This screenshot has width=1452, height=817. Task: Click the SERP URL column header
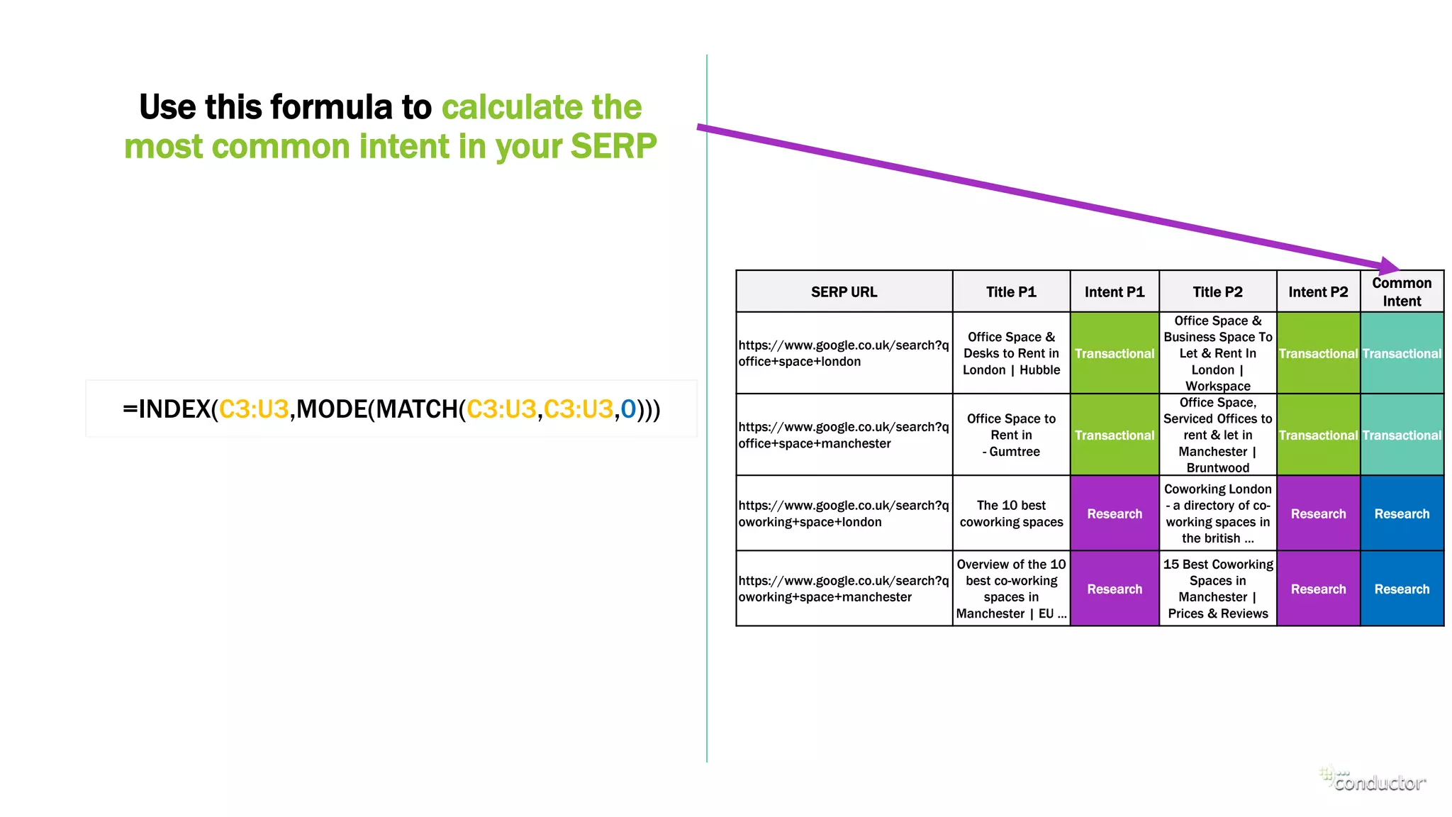tap(844, 291)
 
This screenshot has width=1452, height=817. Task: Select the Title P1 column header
tap(1011, 291)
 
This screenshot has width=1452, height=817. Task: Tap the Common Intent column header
tap(1402, 291)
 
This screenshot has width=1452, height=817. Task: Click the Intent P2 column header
tap(1318, 291)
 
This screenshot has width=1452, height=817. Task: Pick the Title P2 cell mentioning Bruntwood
tap(1217, 435)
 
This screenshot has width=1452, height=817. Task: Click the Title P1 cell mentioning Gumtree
tap(1011, 435)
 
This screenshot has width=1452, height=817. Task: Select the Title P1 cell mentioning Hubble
tap(1011, 353)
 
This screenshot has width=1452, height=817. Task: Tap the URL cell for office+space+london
tap(843, 353)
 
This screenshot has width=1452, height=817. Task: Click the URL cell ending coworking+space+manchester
tap(843, 589)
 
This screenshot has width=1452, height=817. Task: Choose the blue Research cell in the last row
tap(1402, 589)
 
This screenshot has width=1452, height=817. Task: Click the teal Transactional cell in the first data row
tap(1402, 353)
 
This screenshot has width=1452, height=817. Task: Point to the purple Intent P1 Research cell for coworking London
tap(1115, 513)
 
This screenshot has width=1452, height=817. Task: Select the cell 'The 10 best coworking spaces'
tap(1011, 513)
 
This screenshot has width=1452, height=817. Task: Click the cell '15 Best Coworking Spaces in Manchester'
tap(1217, 589)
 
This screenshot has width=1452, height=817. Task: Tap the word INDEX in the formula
tap(174, 409)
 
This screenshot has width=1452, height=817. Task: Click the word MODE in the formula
tap(331, 409)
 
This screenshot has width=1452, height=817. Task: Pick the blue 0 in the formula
tap(627, 409)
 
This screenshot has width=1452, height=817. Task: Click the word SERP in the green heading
tap(613, 146)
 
